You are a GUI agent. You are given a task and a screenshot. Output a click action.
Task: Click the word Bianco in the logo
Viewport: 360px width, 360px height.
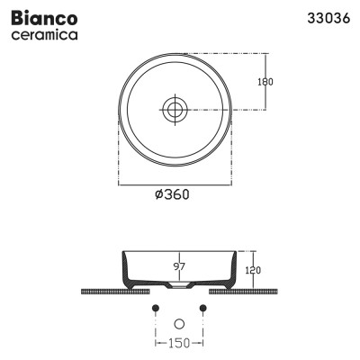point(42,18)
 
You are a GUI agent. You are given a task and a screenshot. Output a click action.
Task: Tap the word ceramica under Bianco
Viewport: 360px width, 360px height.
point(42,35)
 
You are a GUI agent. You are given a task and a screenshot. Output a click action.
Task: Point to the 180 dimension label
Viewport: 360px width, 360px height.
point(265,81)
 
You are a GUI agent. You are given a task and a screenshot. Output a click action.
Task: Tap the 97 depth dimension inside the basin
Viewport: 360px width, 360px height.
point(179,266)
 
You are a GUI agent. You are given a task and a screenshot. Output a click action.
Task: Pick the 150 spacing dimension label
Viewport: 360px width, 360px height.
point(179,343)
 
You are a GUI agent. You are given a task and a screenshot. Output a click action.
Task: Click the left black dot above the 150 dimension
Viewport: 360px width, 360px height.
point(155,309)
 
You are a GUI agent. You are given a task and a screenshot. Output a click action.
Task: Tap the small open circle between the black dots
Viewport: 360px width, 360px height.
point(178,322)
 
